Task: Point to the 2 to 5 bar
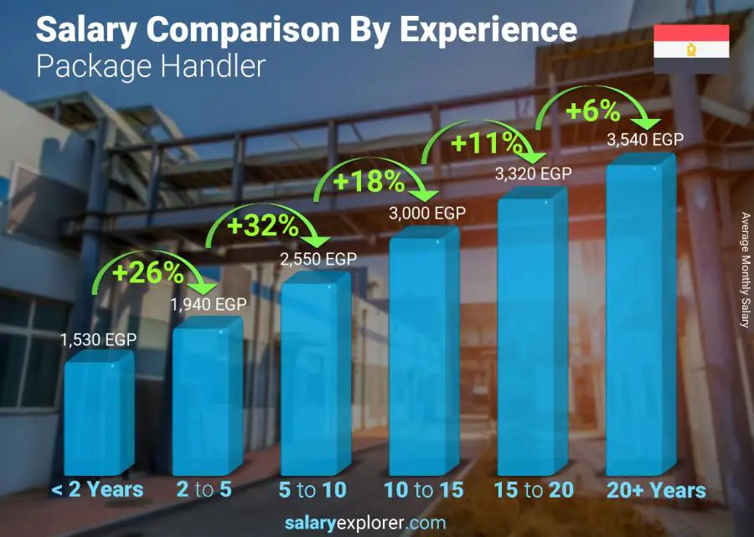click(205, 398)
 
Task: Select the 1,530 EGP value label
click(98, 340)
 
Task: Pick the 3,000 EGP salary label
click(426, 214)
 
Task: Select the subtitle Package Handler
click(151, 66)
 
